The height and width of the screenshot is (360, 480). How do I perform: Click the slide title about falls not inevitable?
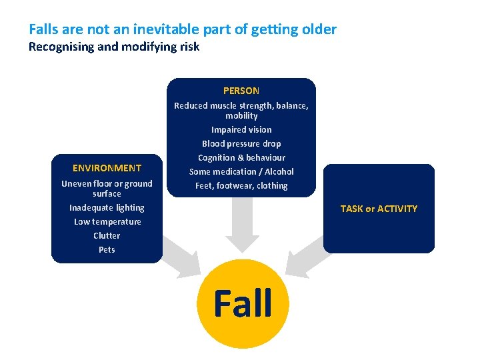(x=183, y=30)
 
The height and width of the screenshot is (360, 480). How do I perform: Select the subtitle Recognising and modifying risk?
(x=114, y=47)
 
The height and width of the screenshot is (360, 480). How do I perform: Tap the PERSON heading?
(x=241, y=91)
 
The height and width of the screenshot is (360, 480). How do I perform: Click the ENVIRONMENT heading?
(x=107, y=168)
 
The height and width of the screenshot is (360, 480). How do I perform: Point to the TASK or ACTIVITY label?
(x=379, y=209)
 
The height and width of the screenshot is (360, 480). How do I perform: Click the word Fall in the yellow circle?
(x=243, y=303)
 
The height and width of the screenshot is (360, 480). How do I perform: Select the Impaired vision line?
(x=241, y=130)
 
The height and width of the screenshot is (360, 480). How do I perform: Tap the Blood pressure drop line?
(x=241, y=144)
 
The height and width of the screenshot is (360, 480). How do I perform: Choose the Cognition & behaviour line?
(x=241, y=158)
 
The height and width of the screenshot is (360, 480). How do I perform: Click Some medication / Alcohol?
(x=241, y=172)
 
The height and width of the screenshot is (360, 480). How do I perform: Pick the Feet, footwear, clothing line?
(x=241, y=186)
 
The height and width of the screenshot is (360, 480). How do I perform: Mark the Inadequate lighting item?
(x=107, y=208)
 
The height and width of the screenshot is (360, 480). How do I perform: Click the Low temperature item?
(x=107, y=222)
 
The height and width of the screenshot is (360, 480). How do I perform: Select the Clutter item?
(x=107, y=236)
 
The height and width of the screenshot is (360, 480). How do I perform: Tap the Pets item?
(x=107, y=250)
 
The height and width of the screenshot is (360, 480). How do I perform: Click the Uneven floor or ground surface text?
(x=107, y=189)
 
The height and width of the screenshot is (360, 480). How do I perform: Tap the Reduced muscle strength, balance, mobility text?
(x=241, y=111)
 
